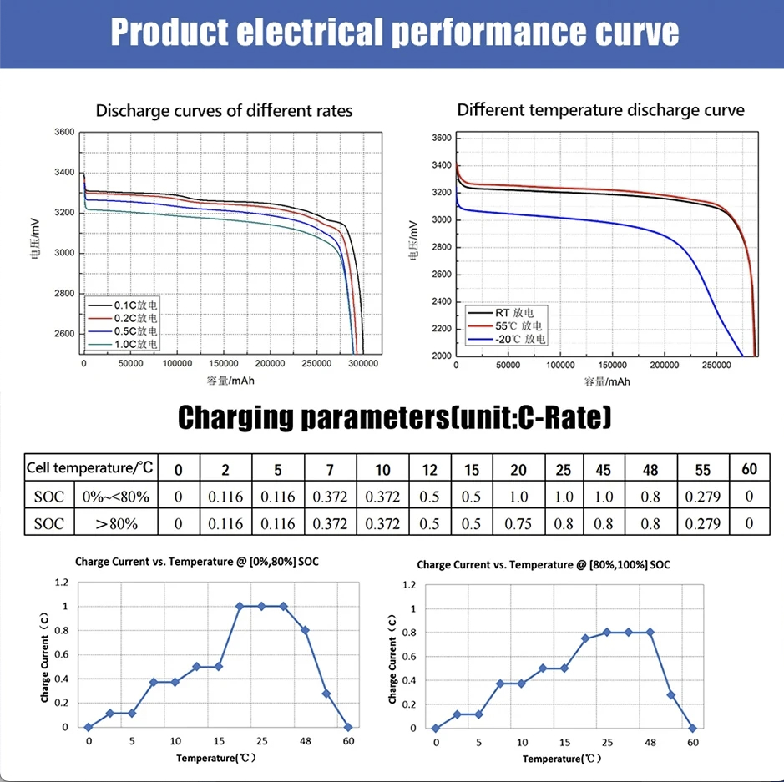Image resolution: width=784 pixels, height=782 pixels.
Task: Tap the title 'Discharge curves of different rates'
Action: [224, 111]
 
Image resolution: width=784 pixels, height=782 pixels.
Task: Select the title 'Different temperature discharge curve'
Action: [600, 109]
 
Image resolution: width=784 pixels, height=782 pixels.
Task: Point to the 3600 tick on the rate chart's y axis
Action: [63, 132]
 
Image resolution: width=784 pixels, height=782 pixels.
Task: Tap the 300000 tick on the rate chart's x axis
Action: [362, 365]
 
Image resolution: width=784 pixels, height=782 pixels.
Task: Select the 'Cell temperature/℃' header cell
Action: [90, 468]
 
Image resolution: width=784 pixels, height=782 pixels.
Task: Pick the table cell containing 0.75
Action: [518, 523]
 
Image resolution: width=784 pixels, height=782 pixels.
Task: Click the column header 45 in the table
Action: [603, 469]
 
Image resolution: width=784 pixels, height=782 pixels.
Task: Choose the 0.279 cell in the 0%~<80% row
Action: [702, 497]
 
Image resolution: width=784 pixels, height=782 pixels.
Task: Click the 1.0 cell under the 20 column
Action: [518, 497]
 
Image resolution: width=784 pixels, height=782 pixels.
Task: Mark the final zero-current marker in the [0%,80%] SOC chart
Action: [348, 727]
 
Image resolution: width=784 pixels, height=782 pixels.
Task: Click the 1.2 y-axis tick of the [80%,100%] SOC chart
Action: [407, 584]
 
